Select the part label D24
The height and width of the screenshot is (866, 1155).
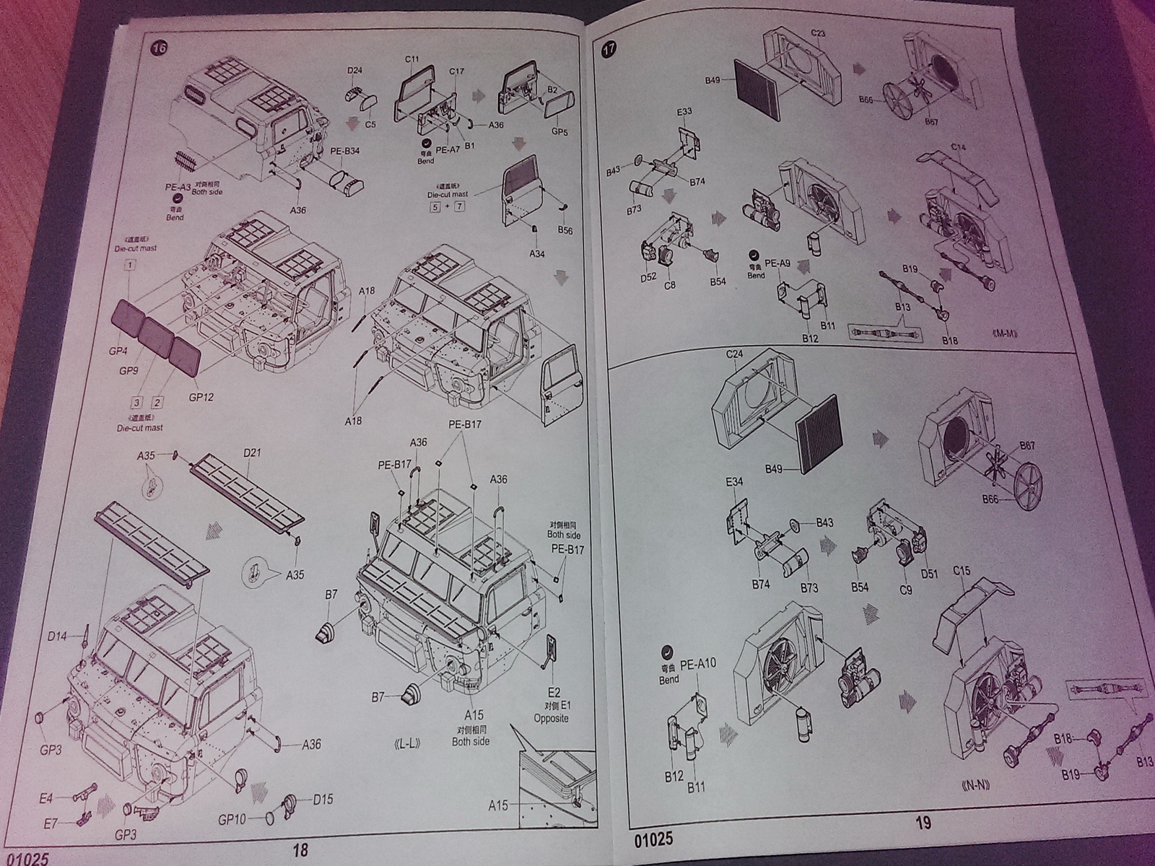(354, 70)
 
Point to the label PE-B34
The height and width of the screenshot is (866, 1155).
(345, 152)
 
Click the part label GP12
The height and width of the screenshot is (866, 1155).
(201, 397)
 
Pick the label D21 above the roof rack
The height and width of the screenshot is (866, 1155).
(252, 452)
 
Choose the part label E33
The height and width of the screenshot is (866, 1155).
(684, 111)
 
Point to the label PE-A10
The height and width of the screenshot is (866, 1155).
(698, 662)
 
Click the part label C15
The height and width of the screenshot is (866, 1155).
(962, 572)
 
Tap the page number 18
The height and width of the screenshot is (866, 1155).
(300, 851)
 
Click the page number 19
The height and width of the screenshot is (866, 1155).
(923, 822)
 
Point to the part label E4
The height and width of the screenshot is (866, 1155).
(45, 798)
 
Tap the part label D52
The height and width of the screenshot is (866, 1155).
(648, 278)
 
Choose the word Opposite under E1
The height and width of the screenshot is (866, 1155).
(552, 718)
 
